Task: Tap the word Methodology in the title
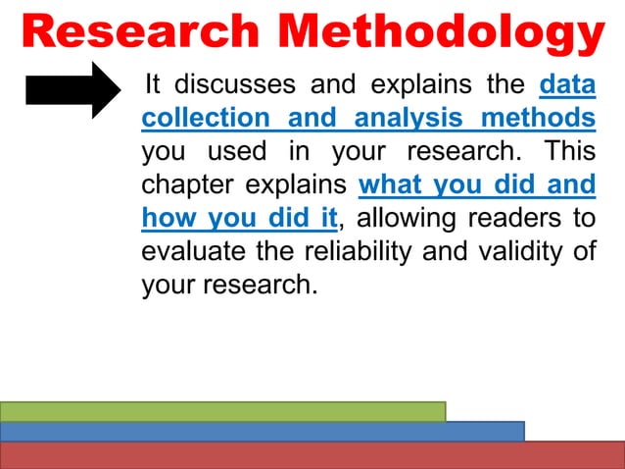(435, 31)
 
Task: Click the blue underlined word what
(392, 185)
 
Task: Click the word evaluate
(195, 251)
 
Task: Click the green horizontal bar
(222, 411)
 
